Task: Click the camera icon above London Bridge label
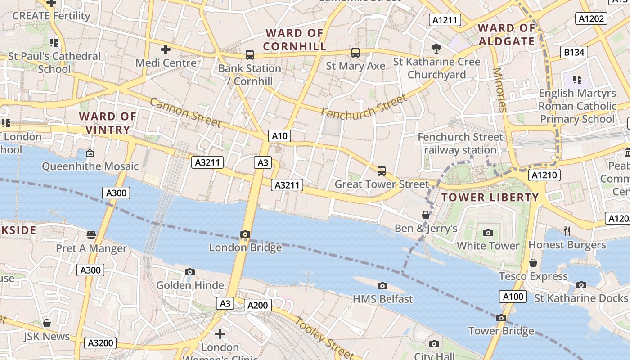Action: click(245, 234)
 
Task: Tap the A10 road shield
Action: click(279, 136)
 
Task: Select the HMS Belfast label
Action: click(382, 299)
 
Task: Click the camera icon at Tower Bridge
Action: click(501, 318)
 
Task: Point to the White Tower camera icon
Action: click(488, 233)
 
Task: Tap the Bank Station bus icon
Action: click(250, 55)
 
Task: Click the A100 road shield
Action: click(513, 297)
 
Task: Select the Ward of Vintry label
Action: click(108, 123)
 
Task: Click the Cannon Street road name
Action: click(185, 112)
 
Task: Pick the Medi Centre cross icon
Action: click(166, 49)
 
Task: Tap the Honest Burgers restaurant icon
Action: click(567, 231)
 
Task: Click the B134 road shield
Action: click(574, 52)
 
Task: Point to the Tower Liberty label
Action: click(490, 197)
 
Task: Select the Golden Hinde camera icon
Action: click(190, 272)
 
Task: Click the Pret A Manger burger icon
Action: click(91, 234)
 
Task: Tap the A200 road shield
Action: click(258, 306)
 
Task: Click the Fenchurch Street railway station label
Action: click(460, 143)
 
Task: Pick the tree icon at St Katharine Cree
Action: click(436, 48)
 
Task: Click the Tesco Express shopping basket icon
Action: click(533, 263)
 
